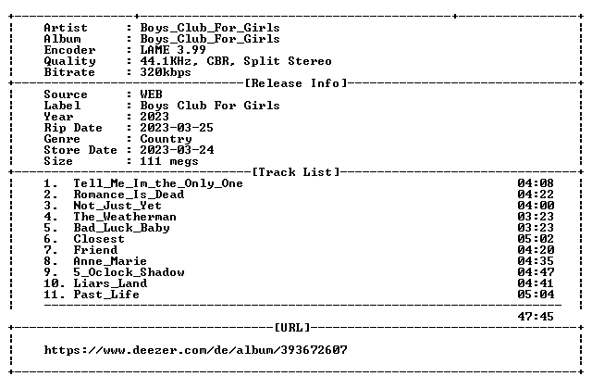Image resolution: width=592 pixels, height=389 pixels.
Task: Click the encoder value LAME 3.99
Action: click(x=173, y=50)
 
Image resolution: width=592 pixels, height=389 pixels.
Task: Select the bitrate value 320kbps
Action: click(x=166, y=72)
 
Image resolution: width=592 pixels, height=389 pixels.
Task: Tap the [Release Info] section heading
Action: click(x=296, y=83)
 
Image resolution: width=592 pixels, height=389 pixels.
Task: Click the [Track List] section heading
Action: click(x=296, y=172)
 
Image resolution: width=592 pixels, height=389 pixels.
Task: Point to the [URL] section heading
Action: click(x=292, y=327)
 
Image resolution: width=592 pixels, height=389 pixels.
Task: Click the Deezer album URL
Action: click(x=195, y=350)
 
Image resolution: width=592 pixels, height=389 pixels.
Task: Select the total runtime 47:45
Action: click(x=536, y=317)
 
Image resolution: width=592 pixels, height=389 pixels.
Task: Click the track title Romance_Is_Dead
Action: click(x=129, y=194)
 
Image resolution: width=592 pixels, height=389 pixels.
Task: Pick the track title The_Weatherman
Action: click(x=125, y=217)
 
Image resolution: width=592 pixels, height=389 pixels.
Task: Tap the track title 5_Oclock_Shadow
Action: click(x=129, y=272)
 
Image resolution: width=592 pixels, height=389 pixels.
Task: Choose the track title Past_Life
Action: click(x=106, y=295)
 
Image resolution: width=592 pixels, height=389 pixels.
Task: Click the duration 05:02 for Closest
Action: click(x=536, y=239)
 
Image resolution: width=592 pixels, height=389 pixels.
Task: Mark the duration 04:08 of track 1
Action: click(x=536, y=183)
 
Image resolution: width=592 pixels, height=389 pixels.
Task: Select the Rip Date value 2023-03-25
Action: click(x=177, y=128)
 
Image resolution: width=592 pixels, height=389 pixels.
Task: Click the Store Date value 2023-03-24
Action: click(x=177, y=150)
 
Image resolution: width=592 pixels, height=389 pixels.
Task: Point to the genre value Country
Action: click(x=166, y=139)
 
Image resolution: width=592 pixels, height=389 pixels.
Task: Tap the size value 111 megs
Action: click(x=169, y=161)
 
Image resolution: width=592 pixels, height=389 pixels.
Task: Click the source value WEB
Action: click(x=151, y=94)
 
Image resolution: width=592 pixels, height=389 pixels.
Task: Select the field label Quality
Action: click(x=69, y=61)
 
